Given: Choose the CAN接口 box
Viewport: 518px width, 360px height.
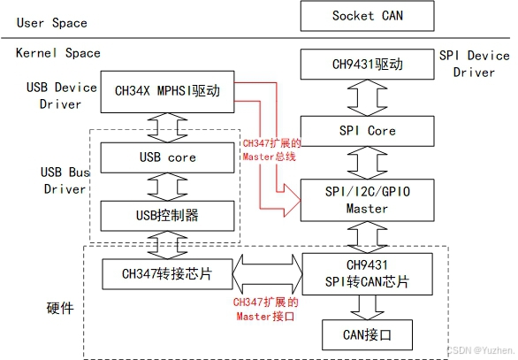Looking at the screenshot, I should [366, 334].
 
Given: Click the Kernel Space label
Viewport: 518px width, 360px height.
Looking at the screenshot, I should [58, 53].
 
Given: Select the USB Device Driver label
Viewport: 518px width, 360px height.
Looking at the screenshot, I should [57, 96].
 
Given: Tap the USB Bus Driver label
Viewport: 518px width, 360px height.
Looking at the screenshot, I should [64, 180].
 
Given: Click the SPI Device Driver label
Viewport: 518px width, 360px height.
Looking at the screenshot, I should [474, 64].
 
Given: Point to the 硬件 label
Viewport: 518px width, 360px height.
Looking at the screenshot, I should [58, 309].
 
